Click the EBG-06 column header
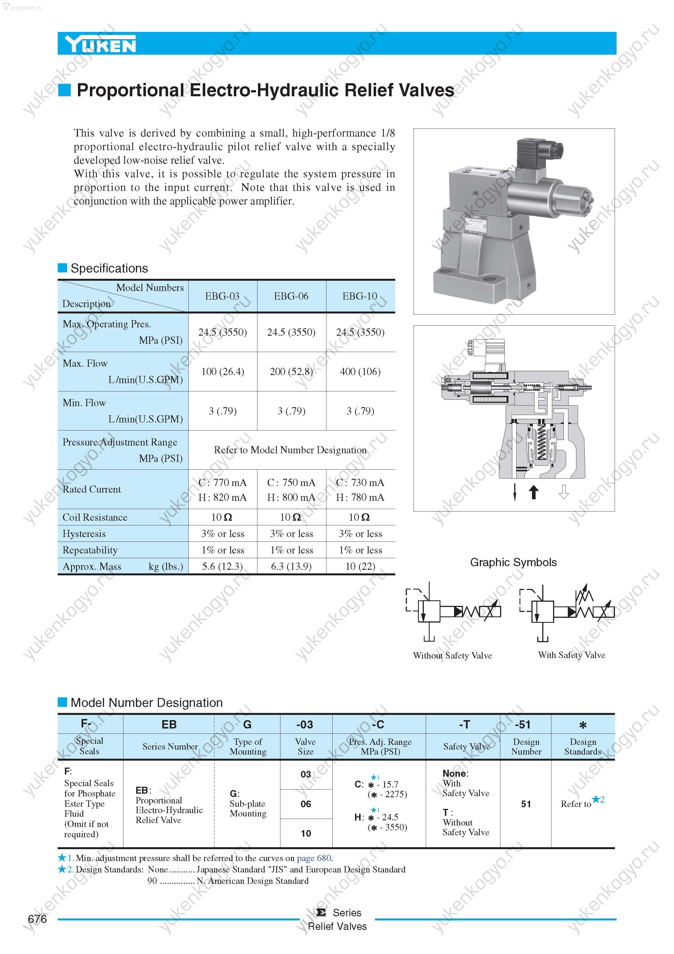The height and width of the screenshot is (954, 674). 291,296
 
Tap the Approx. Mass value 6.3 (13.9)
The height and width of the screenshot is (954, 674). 291,566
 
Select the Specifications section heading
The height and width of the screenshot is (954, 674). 109,269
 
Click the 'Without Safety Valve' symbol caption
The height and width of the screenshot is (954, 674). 452,656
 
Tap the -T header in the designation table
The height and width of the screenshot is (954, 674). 464,725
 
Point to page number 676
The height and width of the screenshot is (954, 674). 37,919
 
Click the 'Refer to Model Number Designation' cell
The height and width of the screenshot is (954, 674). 290,450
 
